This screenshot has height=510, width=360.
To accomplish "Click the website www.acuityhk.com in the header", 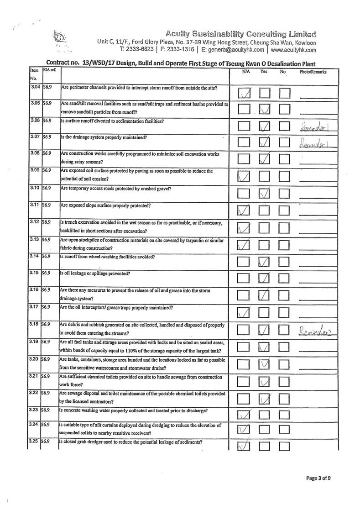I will (293, 50).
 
